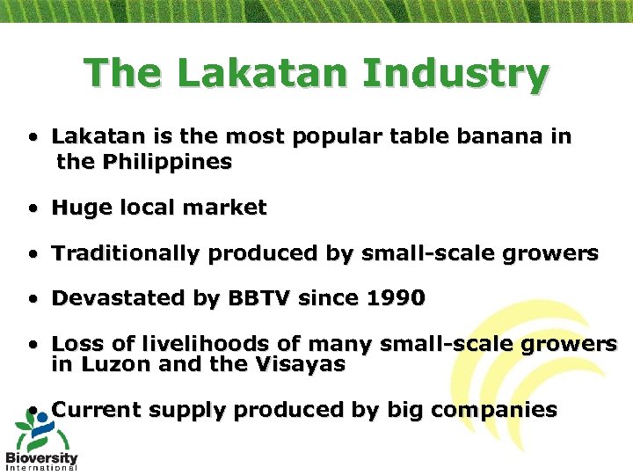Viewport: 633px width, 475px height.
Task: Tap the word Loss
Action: pos(76,345)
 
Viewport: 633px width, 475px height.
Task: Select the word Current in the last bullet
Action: pos(97,410)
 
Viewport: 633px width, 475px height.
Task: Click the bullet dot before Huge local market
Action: pos(32,209)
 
